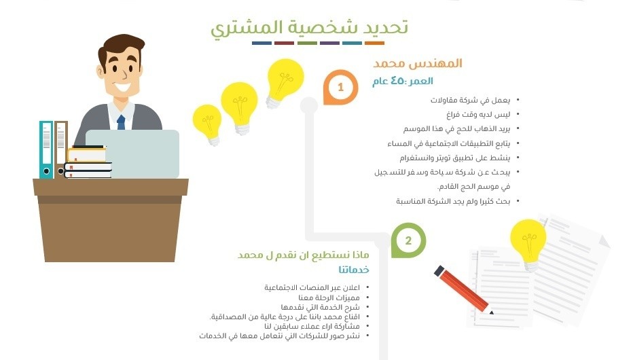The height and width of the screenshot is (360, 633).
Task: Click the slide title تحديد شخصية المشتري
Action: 309,27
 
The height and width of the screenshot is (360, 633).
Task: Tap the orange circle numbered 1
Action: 340,88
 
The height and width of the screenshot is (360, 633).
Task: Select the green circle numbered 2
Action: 408,240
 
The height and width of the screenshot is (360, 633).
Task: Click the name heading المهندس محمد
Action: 418,63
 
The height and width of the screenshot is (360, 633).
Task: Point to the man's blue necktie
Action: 121,122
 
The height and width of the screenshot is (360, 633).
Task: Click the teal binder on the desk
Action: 46,149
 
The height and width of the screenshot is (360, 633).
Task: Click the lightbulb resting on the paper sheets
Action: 528,240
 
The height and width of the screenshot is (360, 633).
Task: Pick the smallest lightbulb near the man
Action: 207,123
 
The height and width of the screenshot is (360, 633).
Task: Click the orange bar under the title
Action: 375,43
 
